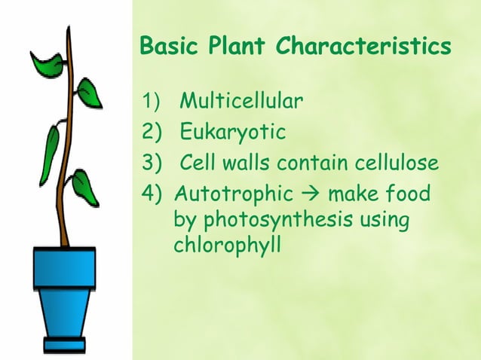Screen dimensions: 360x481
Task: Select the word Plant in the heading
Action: click(x=240, y=47)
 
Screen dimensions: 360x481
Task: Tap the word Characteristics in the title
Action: click(x=365, y=47)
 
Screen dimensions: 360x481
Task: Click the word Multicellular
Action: click(x=241, y=101)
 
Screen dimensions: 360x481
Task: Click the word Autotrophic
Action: click(x=234, y=194)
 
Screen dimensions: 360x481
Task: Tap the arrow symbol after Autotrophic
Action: click(x=311, y=195)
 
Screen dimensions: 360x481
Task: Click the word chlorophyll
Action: click(x=227, y=246)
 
